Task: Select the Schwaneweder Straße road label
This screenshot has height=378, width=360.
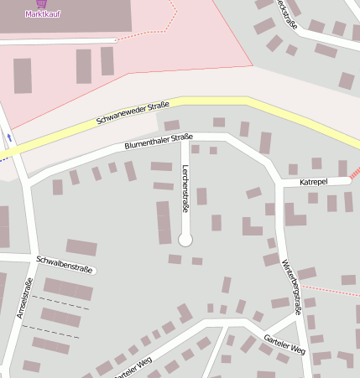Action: coord(133,113)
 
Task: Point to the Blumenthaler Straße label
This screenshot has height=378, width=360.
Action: coord(159,141)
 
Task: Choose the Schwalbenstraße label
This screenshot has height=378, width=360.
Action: coord(64,264)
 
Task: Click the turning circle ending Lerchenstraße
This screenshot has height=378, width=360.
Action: coord(185,240)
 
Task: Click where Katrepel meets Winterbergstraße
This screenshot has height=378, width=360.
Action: coord(279,183)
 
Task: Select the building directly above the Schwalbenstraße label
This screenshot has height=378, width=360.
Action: coord(81,247)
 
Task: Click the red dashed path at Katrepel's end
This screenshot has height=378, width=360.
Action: coord(355,173)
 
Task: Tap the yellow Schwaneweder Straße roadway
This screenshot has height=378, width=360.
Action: coord(210,104)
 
